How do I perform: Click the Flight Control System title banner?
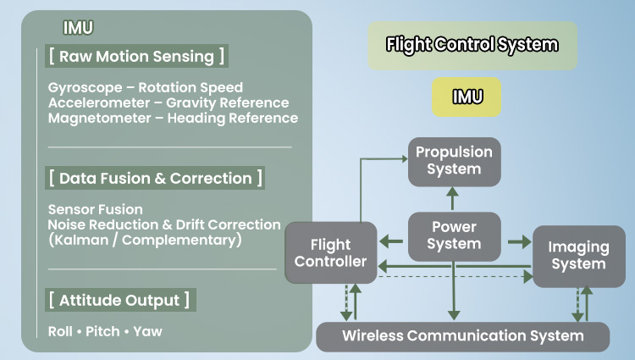coord(472,45)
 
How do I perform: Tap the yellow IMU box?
coord(466,97)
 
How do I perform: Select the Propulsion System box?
coord(453,162)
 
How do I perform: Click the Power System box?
coord(454,235)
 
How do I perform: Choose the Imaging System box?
coord(578,256)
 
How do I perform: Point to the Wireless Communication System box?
coord(462,336)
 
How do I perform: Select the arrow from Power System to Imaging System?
coord(516,242)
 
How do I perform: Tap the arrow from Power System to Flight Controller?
coord(390,242)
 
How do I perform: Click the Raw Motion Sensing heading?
coord(137,57)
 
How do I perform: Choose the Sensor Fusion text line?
coord(96,209)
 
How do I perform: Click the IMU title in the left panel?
coord(78,27)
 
